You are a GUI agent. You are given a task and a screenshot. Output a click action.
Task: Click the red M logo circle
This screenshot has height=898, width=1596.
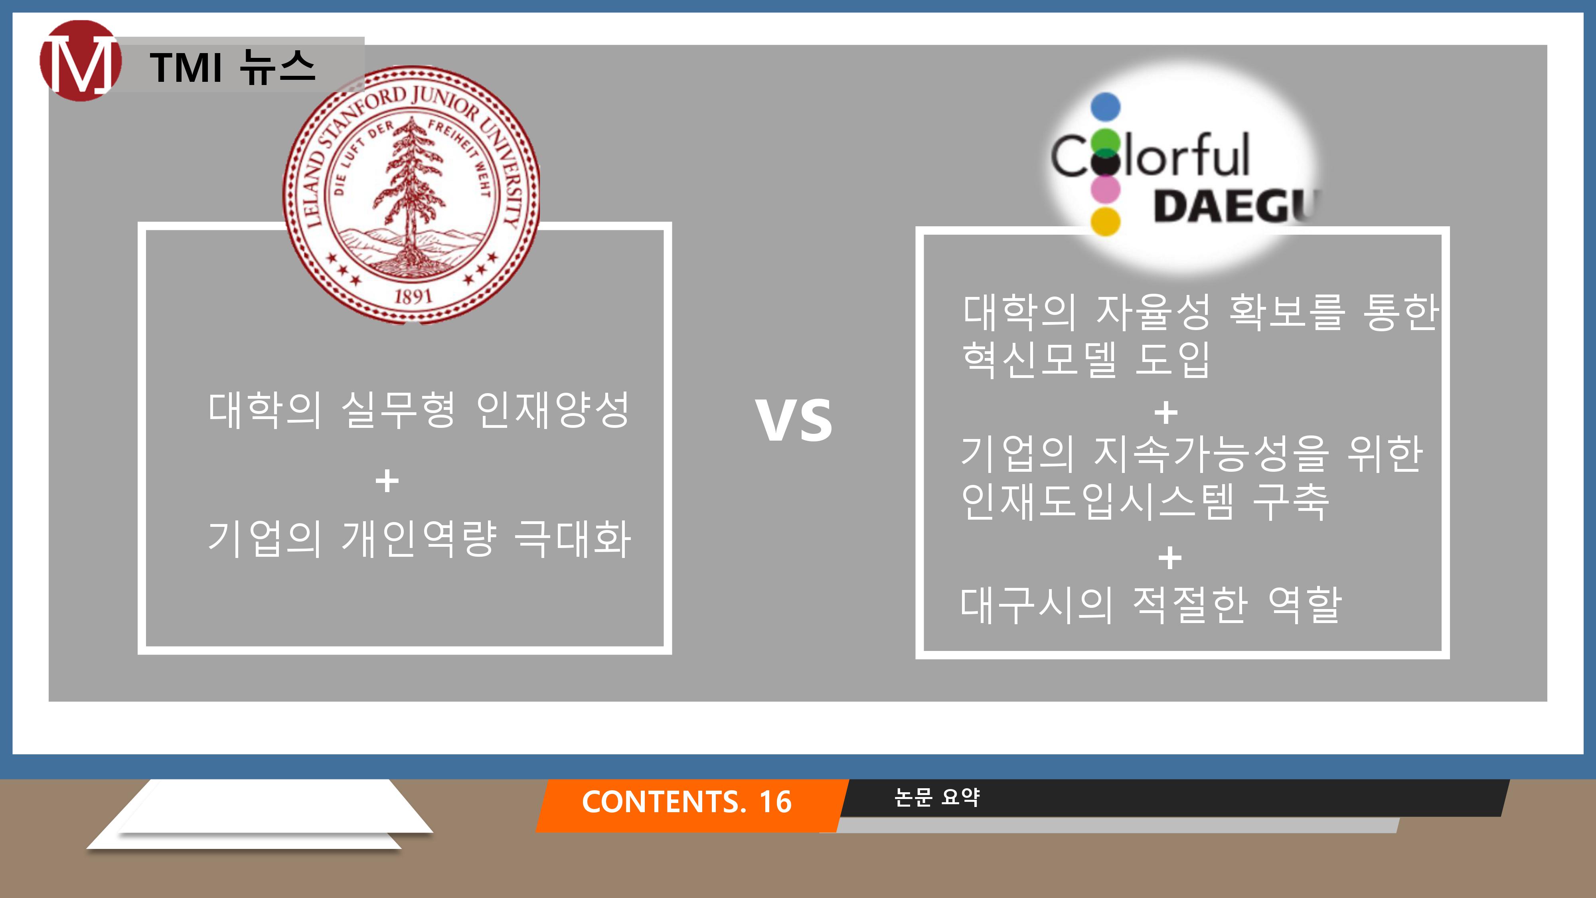pyautogui.click(x=80, y=60)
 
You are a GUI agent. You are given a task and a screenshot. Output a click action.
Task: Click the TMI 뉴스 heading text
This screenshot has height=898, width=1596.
pyautogui.click(x=232, y=67)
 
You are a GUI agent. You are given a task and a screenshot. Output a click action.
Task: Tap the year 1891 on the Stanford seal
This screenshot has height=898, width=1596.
pyautogui.click(x=413, y=296)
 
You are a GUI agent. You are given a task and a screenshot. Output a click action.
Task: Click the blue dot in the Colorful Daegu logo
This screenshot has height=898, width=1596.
pyautogui.click(x=1105, y=107)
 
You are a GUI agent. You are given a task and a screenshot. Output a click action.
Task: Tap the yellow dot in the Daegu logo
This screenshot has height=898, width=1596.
pyautogui.click(x=1105, y=221)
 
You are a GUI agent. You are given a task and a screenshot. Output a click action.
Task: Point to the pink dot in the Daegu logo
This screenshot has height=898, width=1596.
pyautogui.click(x=1105, y=188)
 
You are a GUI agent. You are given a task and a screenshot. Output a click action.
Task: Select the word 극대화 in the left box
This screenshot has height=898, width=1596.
pyautogui.click(x=573, y=538)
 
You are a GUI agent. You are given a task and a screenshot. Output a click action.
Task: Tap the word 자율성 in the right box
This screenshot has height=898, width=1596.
pyautogui.click(x=1153, y=312)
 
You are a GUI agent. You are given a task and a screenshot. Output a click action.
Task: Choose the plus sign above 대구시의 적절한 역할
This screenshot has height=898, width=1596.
pyautogui.click(x=1170, y=558)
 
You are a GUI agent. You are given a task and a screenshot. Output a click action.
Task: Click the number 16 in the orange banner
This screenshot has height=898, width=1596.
pyautogui.click(x=776, y=801)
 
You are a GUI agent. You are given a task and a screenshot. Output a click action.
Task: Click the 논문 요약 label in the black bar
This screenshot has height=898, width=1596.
pyautogui.click(x=937, y=797)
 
